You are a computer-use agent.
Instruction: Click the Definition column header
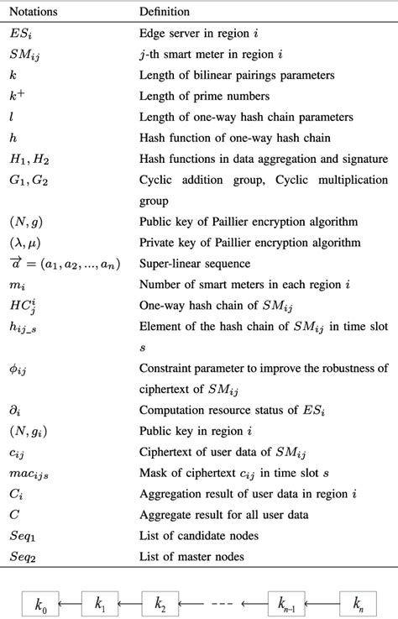tap(165, 12)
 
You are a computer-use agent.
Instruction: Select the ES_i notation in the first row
tap(20, 36)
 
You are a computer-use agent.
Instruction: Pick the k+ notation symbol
tap(17, 96)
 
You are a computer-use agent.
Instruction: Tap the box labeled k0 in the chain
tap(41, 602)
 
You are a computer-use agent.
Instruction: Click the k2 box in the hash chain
tap(161, 602)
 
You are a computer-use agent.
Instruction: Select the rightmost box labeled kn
tap(359, 602)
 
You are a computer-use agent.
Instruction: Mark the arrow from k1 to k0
tap(72, 602)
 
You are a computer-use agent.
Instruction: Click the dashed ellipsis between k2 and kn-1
tap(223, 602)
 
